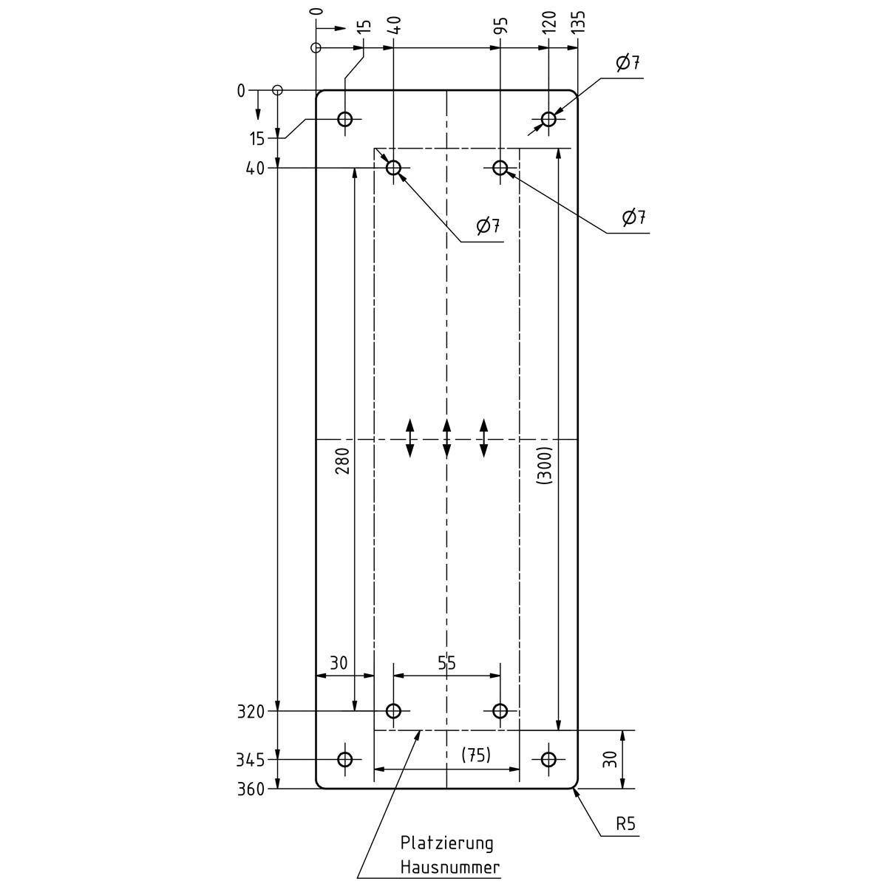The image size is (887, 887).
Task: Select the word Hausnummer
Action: pos(450,867)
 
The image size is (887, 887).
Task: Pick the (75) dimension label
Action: pos(476,755)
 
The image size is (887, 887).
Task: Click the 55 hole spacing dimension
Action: pos(446,663)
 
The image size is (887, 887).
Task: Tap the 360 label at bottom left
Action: pos(251,789)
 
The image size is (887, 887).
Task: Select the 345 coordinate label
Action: pos(251,759)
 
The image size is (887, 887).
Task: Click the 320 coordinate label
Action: pos(251,712)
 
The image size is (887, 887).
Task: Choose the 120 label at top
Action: pos(548,22)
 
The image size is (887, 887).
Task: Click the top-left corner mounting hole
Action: pos(345,119)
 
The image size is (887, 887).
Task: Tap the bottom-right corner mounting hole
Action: pos(548,759)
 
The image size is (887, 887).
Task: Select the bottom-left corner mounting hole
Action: pos(345,759)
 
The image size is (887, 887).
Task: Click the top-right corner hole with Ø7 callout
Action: pos(548,119)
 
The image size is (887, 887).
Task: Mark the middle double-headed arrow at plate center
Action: pos(446,438)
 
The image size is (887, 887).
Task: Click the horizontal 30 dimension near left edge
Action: pos(338,663)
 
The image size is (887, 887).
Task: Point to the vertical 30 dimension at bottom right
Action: pos(609,759)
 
